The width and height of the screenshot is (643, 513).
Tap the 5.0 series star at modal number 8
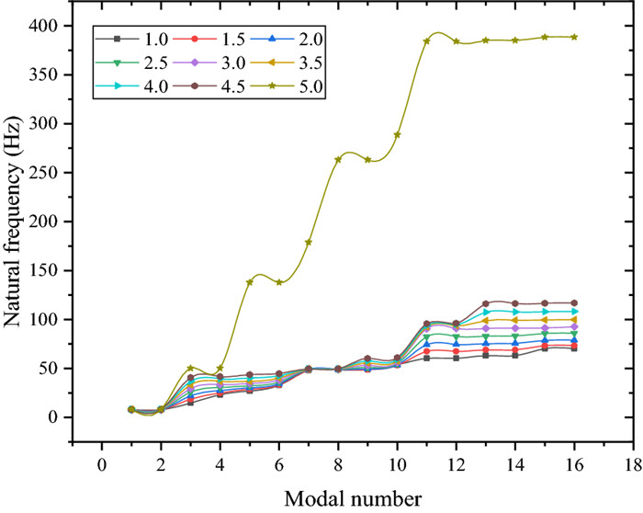pyautogui.click(x=338, y=159)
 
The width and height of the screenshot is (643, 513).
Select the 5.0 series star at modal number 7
pyautogui.click(x=309, y=242)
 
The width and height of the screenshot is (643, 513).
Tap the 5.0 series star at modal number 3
pyautogui.click(x=190, y=368)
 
